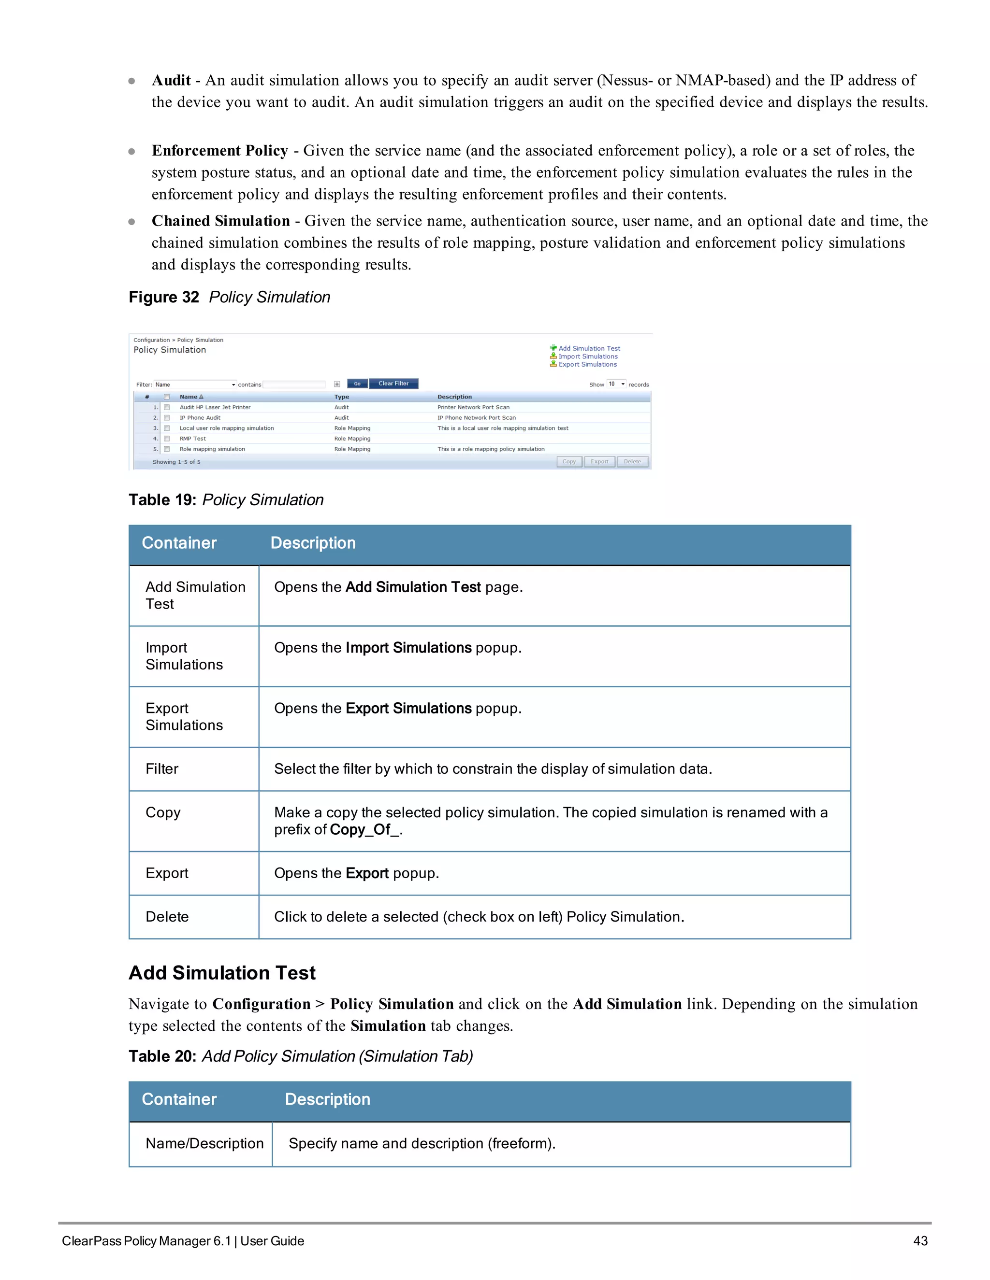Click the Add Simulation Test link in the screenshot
[588, 348]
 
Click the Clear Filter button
[393, 384]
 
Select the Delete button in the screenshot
[632, 462]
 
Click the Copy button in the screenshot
[569, 462]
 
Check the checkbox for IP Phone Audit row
[167, 418]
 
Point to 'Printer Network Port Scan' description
[473, 407]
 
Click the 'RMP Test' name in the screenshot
[192, 439]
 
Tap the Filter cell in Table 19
[162, 769]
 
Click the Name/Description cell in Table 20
[204, 1143]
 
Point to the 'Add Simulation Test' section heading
[222, 973]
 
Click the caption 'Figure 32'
[164, 297]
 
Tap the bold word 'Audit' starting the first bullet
[171, 80]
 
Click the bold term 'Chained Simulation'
[220, 221]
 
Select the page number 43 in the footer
[920, 1241]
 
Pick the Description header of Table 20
[327, 1099]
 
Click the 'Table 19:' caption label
[162, 500]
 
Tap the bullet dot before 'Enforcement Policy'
[132, 151]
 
